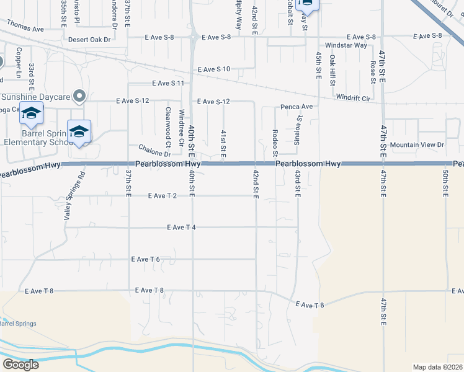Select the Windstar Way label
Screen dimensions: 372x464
(x=346, y=45)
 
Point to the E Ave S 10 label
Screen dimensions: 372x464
(x=214, y=69)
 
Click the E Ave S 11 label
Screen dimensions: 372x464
(x=168, y=83)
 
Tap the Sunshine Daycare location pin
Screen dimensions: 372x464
(x=79, y=96)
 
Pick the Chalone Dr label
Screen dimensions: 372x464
(x=154, y=151)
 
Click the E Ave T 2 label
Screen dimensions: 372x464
(x=163, y=196)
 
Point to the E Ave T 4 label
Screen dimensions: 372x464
(x=182, y=228)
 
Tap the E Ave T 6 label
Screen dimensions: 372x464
(x=146, y=259)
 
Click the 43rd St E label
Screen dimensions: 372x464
(x=298, y=184)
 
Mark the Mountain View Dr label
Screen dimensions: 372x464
(x=417, y=144)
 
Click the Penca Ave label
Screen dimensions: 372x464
(x=298, y=107)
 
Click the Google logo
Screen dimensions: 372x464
(x=20, y=365)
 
